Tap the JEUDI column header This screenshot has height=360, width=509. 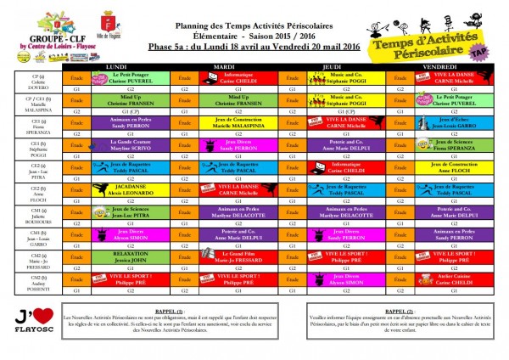point(332,65)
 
